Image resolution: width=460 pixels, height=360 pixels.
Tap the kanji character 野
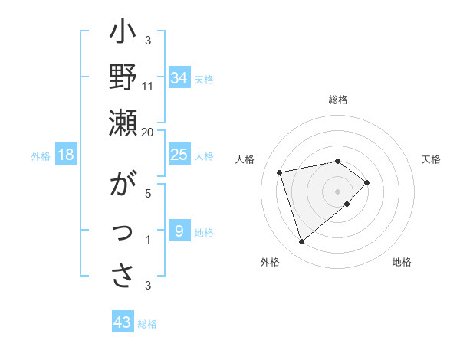pos(123,79)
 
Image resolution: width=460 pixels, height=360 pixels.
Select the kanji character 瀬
pos(123,123)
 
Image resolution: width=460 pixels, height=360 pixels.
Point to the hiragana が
pos(123,186)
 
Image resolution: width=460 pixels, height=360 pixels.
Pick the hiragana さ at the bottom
pos(123,273)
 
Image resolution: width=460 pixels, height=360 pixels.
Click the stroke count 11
pos(148,85)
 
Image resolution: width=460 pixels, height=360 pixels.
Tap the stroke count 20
pos(147,132)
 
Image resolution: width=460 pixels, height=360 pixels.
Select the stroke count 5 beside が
pos(148,193)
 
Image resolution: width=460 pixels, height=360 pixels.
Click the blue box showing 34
pos(179,78)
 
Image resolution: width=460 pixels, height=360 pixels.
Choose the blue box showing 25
pos(179,155)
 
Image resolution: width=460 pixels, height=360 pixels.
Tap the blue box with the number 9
pos(179,231)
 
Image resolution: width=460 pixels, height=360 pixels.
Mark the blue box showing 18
pos(66,155)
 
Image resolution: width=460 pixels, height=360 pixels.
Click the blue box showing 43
pos(122,322)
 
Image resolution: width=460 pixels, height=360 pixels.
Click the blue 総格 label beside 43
pos(147,324)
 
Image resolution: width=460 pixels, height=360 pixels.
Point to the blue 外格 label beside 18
pos(40,156)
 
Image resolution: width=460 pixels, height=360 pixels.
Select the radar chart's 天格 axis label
pos(431,159)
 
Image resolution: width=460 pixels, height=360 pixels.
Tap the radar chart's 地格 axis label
pos(402,262)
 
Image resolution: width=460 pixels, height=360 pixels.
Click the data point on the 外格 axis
pos(301,242)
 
